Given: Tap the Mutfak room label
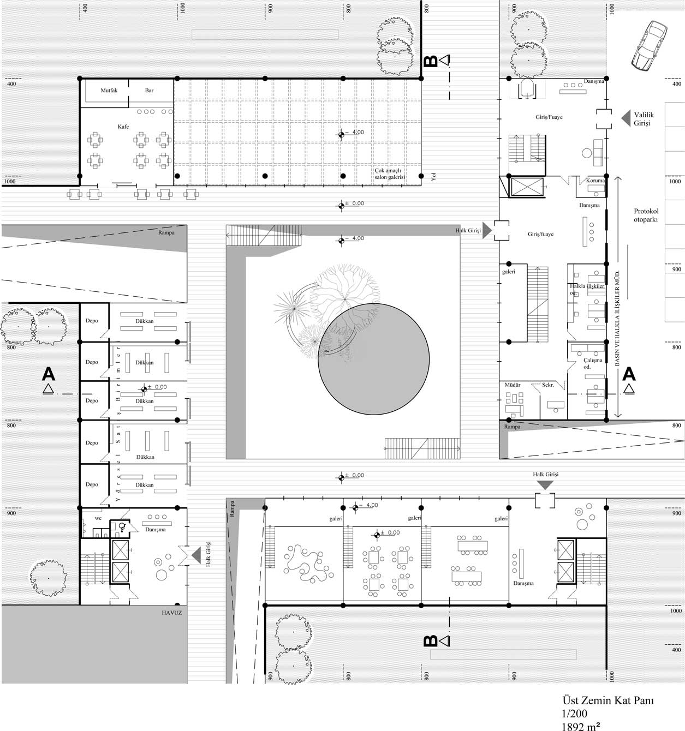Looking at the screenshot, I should [x=109, y=91].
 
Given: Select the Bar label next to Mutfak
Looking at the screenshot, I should [x=149, y=91].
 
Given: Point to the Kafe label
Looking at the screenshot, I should [x=123, y=127].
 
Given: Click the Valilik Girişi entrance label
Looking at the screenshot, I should [x=643, y=119].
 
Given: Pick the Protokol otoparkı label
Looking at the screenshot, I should [x=646, y=215].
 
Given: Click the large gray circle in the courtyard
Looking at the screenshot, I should [x=374, y=359].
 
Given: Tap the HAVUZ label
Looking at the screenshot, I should [x=171, y=613].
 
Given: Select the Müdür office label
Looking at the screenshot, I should [x=512, y=385].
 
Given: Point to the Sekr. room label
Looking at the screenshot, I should [x=547, y=385].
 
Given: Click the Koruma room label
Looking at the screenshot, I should [x=595, y=181].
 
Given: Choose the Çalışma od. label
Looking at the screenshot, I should [x=592, y=363].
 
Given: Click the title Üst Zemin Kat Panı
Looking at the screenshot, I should [x=607, y=700].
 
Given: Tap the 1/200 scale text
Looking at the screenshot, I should [x=575, y=714].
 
